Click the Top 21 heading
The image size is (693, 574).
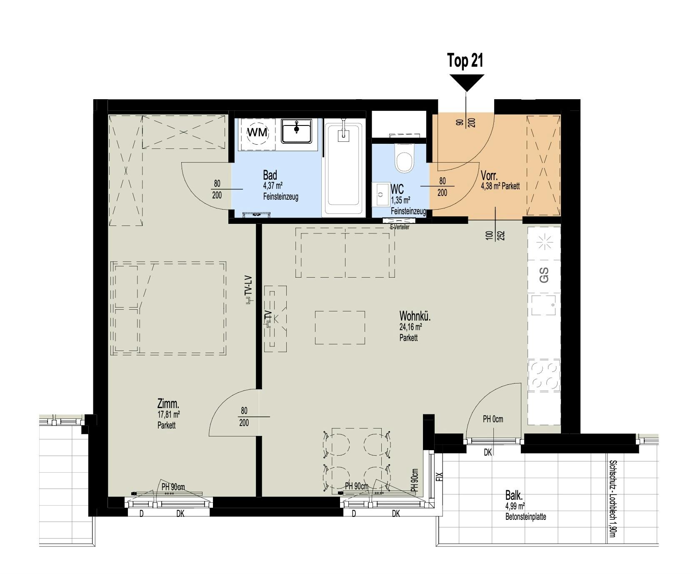tap(465, 61)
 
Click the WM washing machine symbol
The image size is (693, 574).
tap(258, 133)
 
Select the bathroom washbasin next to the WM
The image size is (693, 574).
tap(296, 130)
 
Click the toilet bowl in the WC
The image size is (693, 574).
tap(404, 159)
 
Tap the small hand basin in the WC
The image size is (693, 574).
tap(380, 195)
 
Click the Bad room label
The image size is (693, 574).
tap(270, 175)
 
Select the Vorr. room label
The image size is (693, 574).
tap(489, 175)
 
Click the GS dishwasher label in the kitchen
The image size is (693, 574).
tap(544, 275)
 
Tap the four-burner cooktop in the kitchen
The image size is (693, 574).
tap(544, 375)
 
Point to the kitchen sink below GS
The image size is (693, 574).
tap(544, 305)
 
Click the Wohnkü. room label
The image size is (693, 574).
tap(415, 316)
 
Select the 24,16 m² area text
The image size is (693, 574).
tap(410, 327)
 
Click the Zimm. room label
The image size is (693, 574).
tap(168, 404)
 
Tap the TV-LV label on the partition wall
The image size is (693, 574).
tap(249, 288)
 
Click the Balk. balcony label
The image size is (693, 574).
tap(514, 496)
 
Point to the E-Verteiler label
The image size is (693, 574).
tap(399, 227)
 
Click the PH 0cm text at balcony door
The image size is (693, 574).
tap(493, 419)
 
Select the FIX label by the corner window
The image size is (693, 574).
tap(439, 476)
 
